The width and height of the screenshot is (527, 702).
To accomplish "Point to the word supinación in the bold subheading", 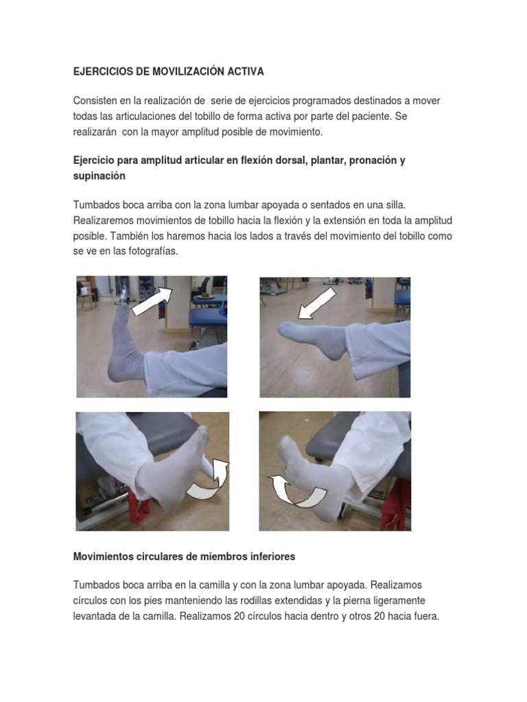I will pyautogui.click(x=99, y=175).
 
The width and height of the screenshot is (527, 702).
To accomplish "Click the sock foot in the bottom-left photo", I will pyautogui.click(x=174, y=473).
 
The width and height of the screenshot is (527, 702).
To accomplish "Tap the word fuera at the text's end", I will pyautogui.click(x=423, y=616).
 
